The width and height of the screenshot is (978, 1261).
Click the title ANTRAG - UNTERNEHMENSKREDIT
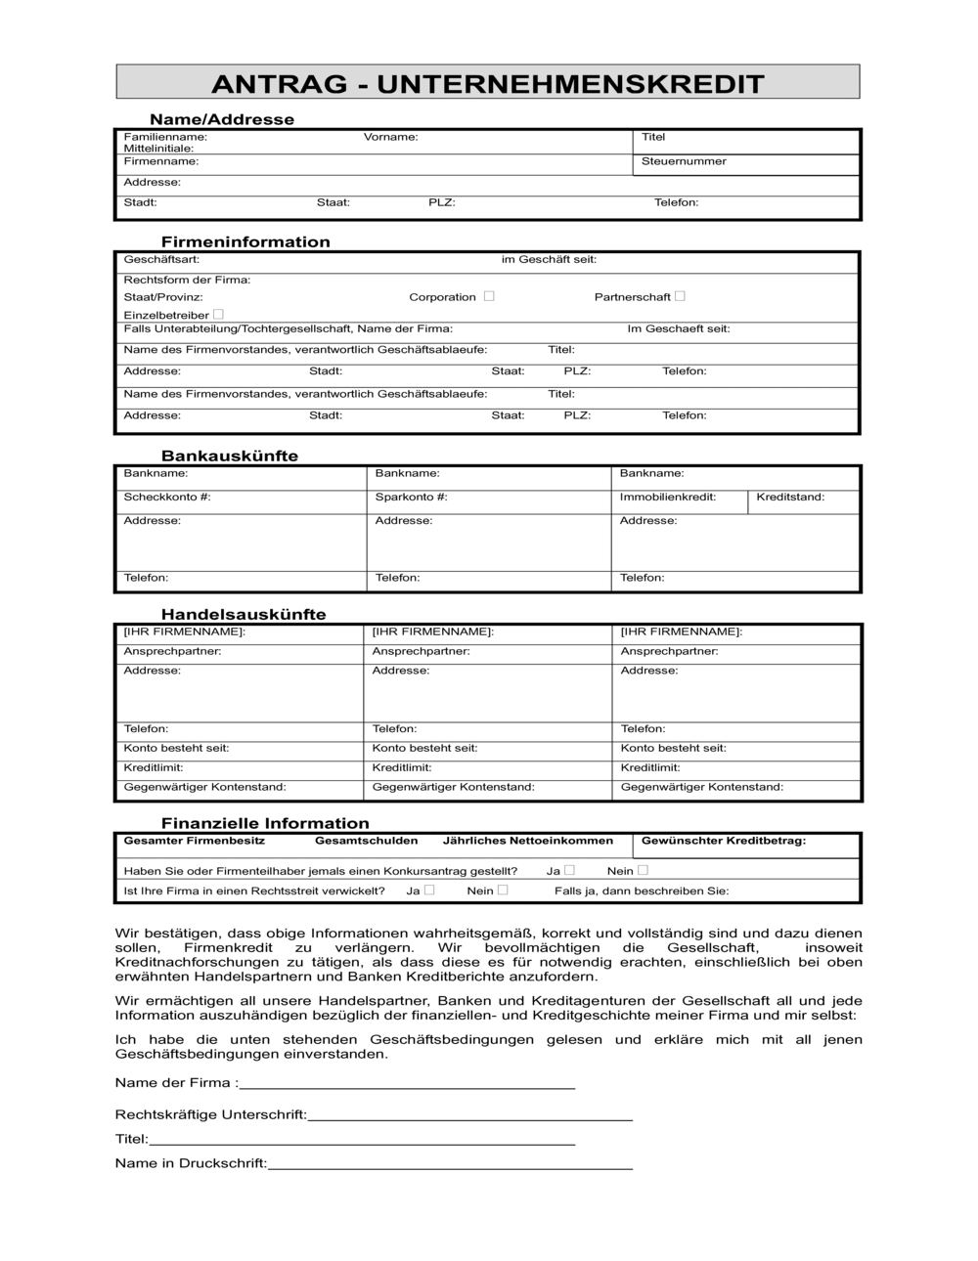[487, 83]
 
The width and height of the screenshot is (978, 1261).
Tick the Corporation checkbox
[489, 296]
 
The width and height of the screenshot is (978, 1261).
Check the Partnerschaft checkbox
[680, 296]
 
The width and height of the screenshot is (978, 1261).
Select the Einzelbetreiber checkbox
[218, 315]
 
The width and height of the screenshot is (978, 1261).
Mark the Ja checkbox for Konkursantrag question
[569, 870]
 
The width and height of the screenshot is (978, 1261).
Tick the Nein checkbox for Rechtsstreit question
[503, 891]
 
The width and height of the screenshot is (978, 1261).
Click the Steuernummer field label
[684, 161]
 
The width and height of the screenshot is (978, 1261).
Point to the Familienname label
[165, 137]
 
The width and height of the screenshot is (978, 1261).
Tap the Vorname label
[390, 137]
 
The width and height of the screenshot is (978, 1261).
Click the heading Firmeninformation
[245, 241]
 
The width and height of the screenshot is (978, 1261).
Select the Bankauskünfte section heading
[230, 456]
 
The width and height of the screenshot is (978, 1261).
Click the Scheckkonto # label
[167, 497]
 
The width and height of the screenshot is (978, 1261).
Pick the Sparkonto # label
[411, 497]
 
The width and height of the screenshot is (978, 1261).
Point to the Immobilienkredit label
[668, 497]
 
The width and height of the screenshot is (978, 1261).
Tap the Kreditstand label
[790, 497]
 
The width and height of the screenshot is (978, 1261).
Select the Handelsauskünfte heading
[244, 614]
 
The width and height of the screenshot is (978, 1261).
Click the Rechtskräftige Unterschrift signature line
[469, 1116]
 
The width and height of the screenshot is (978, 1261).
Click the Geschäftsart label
[161, 259]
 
